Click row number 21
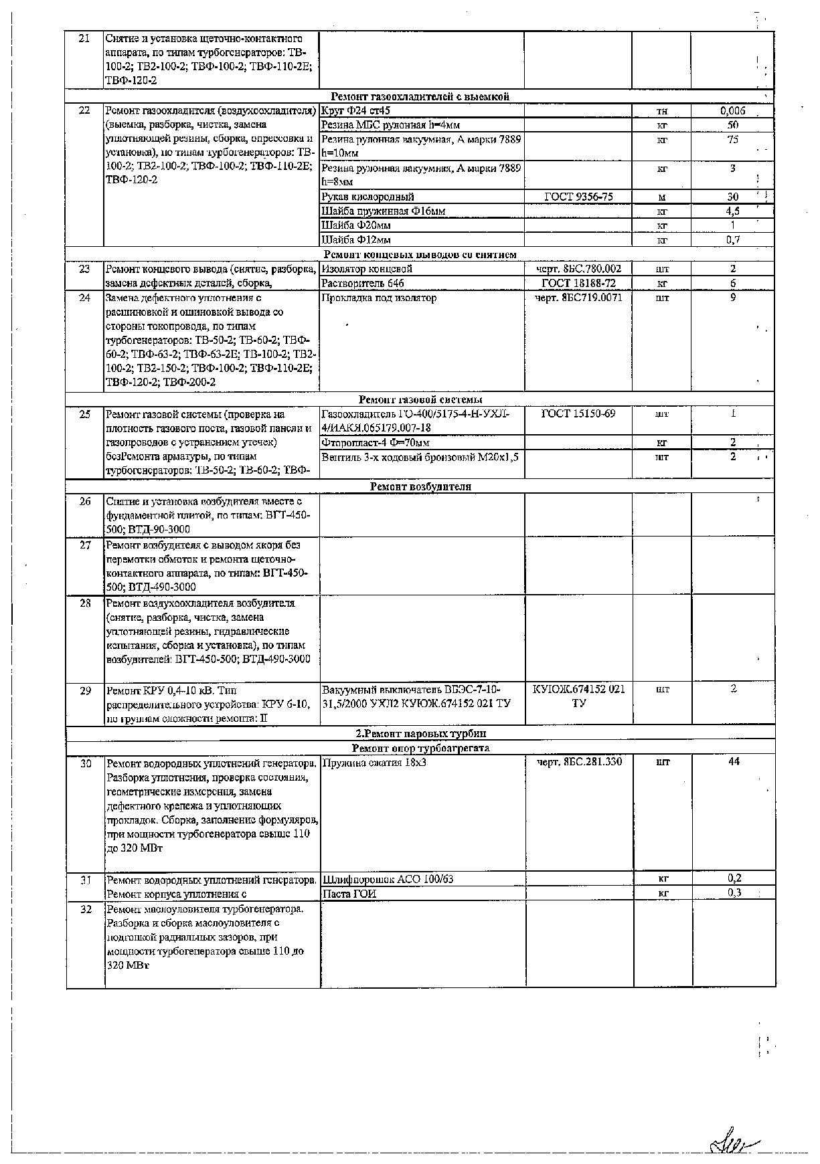[x=84, y=39]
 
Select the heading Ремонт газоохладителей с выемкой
[x=420, y=96]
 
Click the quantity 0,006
[x=732, y=111]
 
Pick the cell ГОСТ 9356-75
[x=578, y=197]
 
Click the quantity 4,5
[x=732, y=211]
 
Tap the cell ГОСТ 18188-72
[x=578, y=283]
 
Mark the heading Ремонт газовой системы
[x=420, y=399]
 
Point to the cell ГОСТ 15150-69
[x=578, y=413]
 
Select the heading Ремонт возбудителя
[x=420, y=486]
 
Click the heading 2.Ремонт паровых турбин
[x=420, y=733]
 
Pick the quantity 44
[x=734, y=762]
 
